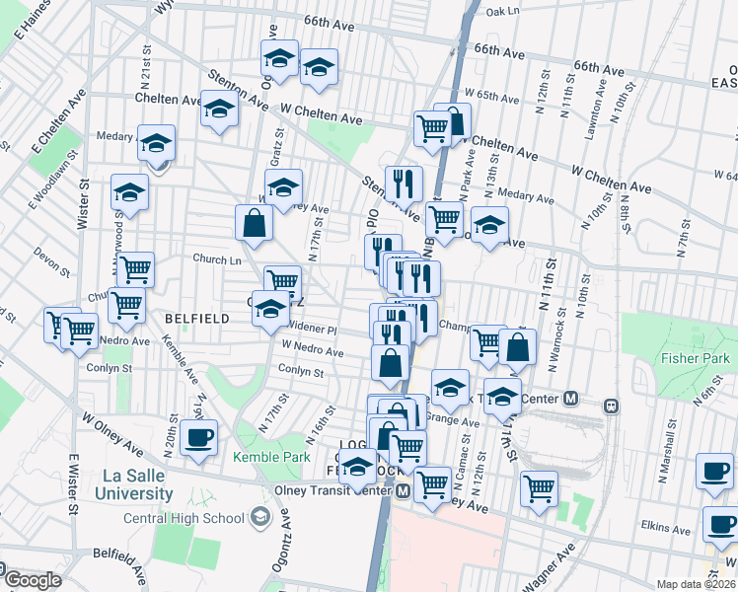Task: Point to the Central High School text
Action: [184, 518]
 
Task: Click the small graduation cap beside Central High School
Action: [259, 516]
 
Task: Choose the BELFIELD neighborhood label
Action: [197, 319]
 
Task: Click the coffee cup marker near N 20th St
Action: [199, 437]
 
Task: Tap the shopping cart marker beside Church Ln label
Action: [134, 267]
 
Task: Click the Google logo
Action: [32, 580]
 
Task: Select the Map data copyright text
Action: [697, 584]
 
